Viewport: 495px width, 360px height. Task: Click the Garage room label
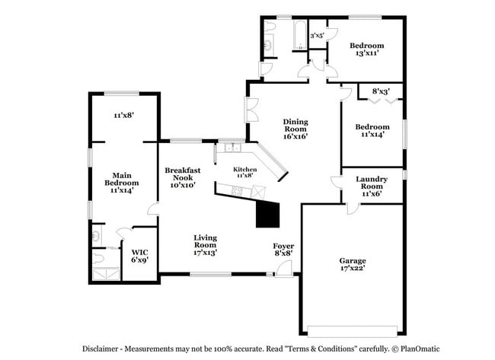pos(352,265)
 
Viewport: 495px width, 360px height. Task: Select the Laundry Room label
pos(372,186)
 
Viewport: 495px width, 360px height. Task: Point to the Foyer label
pos(283,249)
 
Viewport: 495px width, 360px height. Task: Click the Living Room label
pos(205,244)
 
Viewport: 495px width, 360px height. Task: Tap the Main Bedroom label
pos(122,182)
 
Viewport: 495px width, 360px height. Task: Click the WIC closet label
pos(139,255)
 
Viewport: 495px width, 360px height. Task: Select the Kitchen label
pos(244,172)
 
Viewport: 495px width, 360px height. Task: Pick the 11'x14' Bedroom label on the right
pos(372,130)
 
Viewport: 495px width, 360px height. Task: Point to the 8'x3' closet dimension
pos(381,92)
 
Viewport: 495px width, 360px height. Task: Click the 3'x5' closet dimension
pos(317,35)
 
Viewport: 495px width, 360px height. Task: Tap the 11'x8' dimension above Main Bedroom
pos(124,115)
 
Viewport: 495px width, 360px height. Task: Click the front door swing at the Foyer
pos(284,267)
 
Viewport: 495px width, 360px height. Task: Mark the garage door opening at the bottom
pos(352,330)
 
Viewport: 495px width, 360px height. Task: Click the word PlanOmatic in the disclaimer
pos(425,349)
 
